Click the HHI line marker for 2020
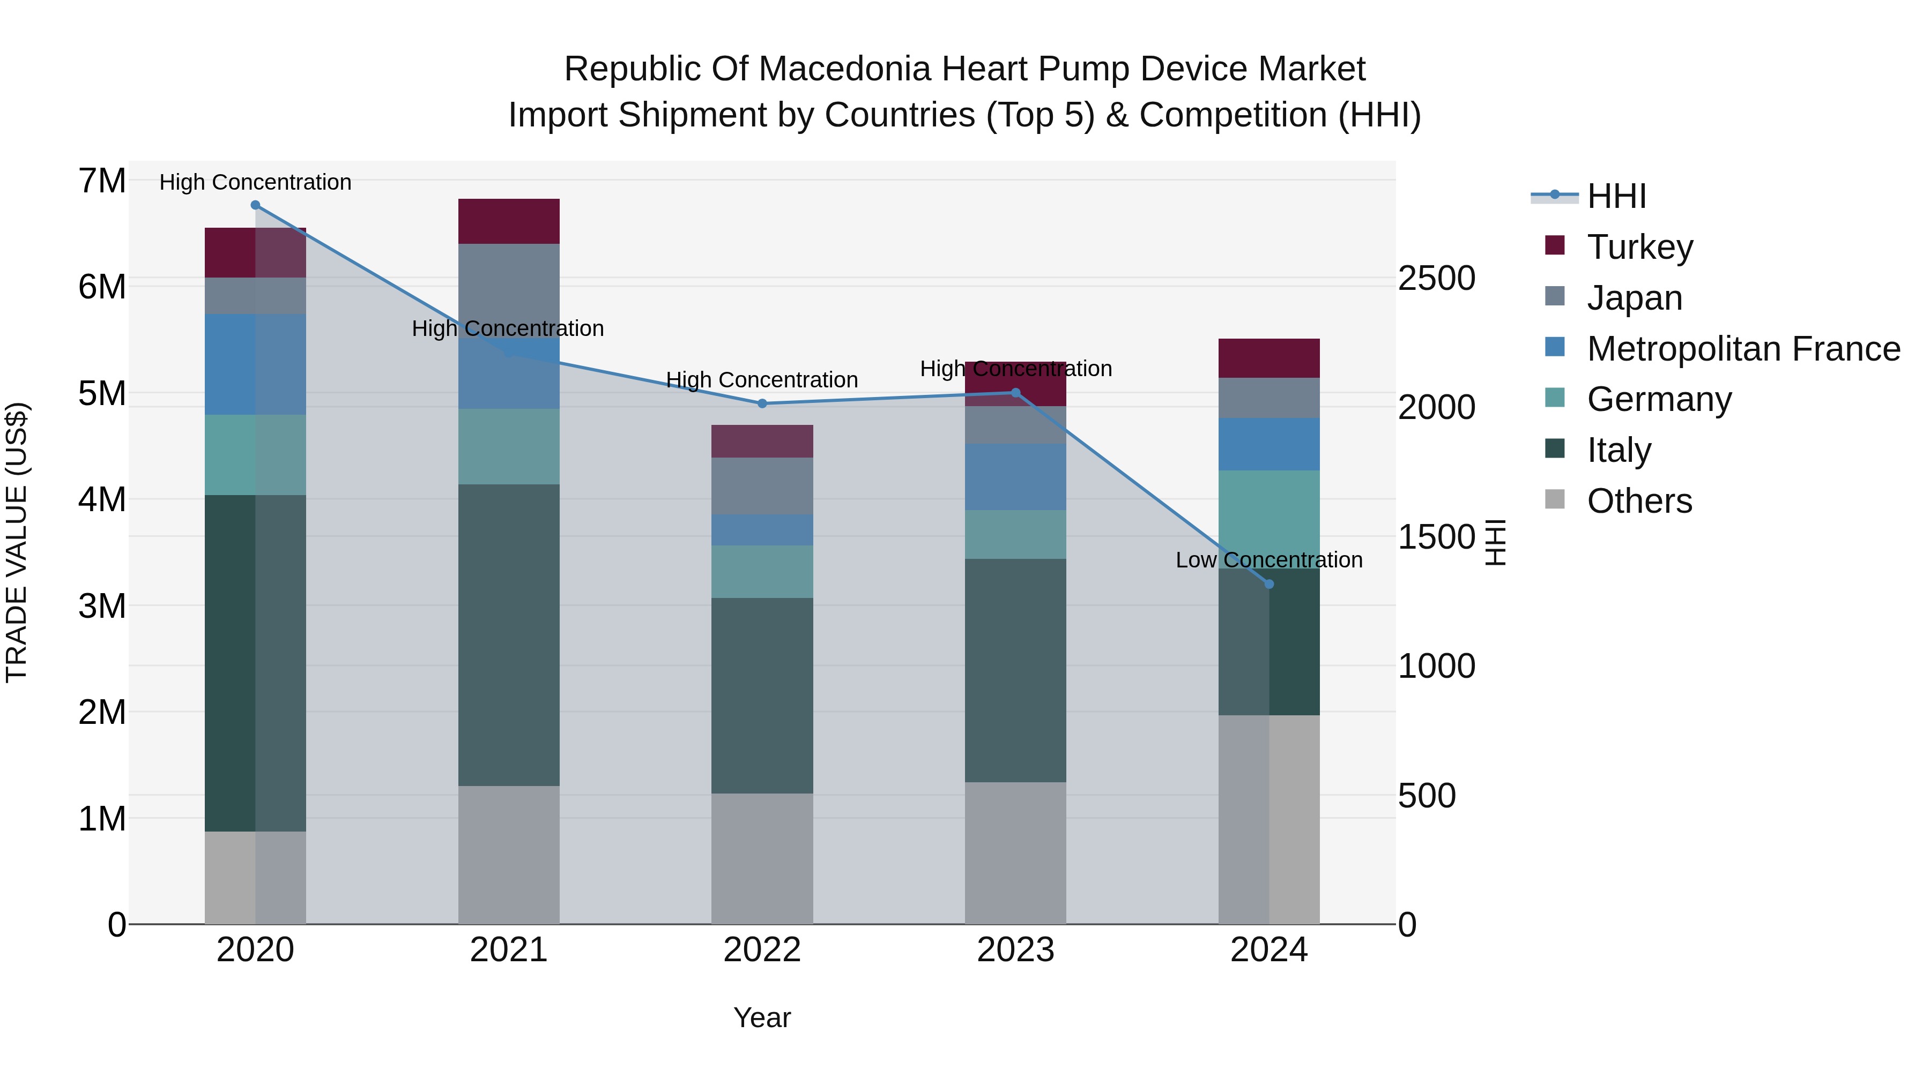256,205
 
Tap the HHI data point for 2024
1269,584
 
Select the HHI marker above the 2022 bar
762,403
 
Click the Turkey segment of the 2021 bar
509,222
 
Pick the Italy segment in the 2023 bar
1015,670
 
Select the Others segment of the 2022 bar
762,858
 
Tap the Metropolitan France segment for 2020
256,365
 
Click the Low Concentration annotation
1268,560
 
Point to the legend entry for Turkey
1639,247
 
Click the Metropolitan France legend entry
1743,349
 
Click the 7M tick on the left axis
102,181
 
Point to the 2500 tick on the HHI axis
1436,279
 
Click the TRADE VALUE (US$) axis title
17,542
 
